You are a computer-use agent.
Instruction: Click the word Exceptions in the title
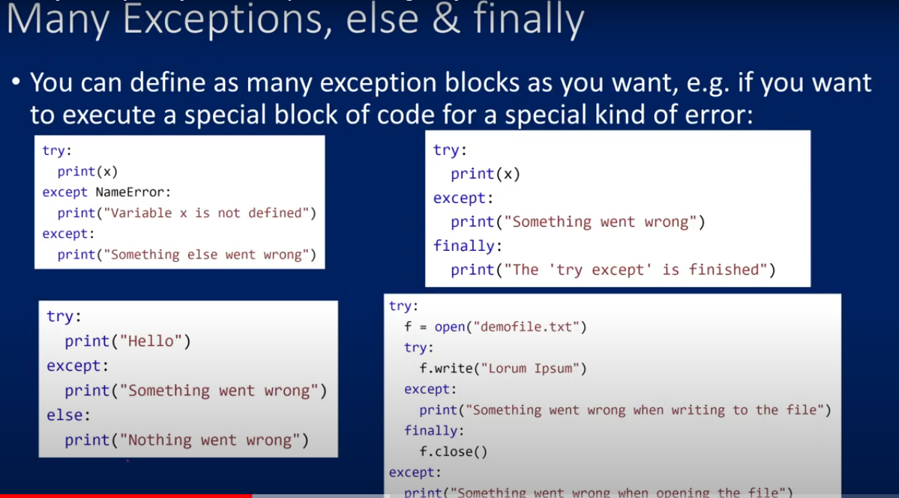tap(226, 19)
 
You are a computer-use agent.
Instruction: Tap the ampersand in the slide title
tap(446, 19)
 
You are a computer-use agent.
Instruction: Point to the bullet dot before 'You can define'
tap(16, 82)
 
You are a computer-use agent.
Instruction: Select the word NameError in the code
tap(130, 192)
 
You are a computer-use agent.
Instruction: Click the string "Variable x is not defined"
tap(206, 213)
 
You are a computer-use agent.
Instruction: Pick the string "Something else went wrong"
tap(206, 255)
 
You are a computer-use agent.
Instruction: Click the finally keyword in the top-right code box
tap(464, 246)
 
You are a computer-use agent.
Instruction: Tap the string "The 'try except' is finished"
tap(636, 270)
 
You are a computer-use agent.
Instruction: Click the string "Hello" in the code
tap(150, 341)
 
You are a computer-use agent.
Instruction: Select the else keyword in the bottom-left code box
tap(64, 415)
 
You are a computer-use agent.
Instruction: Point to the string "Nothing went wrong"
tap(209, 440)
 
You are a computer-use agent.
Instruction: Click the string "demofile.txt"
tap(526, 327)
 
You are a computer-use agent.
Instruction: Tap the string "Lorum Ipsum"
tap(530, 368)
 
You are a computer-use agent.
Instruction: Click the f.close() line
tap(453, 452)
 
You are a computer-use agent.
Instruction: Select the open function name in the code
tap(450, 327)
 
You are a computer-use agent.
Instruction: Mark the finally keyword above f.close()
tap(431, 431)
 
